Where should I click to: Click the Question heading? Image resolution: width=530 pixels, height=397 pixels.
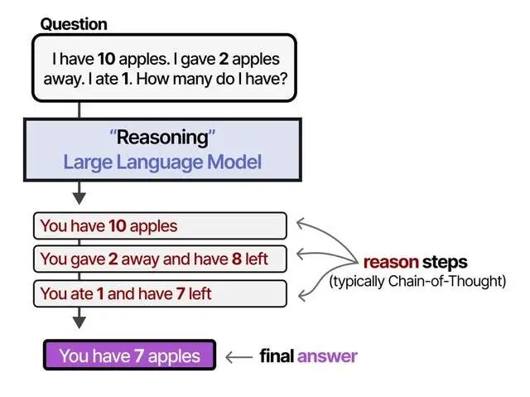[74, 24]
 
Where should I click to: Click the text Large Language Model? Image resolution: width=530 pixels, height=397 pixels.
[162, 161]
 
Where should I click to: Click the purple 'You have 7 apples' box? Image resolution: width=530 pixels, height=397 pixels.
[129, 356]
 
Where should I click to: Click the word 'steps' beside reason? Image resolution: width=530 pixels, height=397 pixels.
[445, 263]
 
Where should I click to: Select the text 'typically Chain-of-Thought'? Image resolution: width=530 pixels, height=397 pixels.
[417, 282]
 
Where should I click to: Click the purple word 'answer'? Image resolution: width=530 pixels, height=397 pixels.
[327, 356]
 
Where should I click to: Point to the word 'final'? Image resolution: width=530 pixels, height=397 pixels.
[277, 356]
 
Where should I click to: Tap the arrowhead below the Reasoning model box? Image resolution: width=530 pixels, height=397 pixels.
[79, 197]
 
